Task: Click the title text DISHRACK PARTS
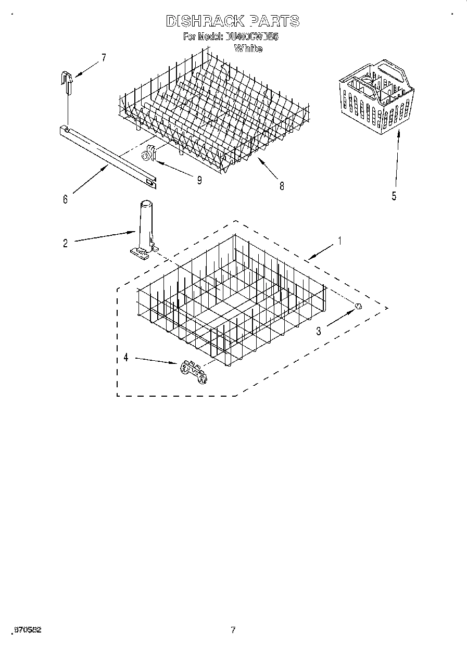tap(232, 21)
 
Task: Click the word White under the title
tap(248, 49)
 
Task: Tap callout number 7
tap(103, 58)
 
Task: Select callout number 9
tap(199, 180)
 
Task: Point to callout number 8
tap(282, 186)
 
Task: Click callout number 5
tap(394, 196)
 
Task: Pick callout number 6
tap(65, 199)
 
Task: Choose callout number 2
tap(65, 243)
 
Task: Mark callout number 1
tap(339, 241)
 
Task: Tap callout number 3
tap(318, 331)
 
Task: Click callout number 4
tap(125, 358)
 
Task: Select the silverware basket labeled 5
tap(378, 96)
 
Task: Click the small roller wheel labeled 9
tap(148, 155)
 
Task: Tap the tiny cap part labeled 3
tap(358, 306)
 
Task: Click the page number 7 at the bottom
tap(233, 630)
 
